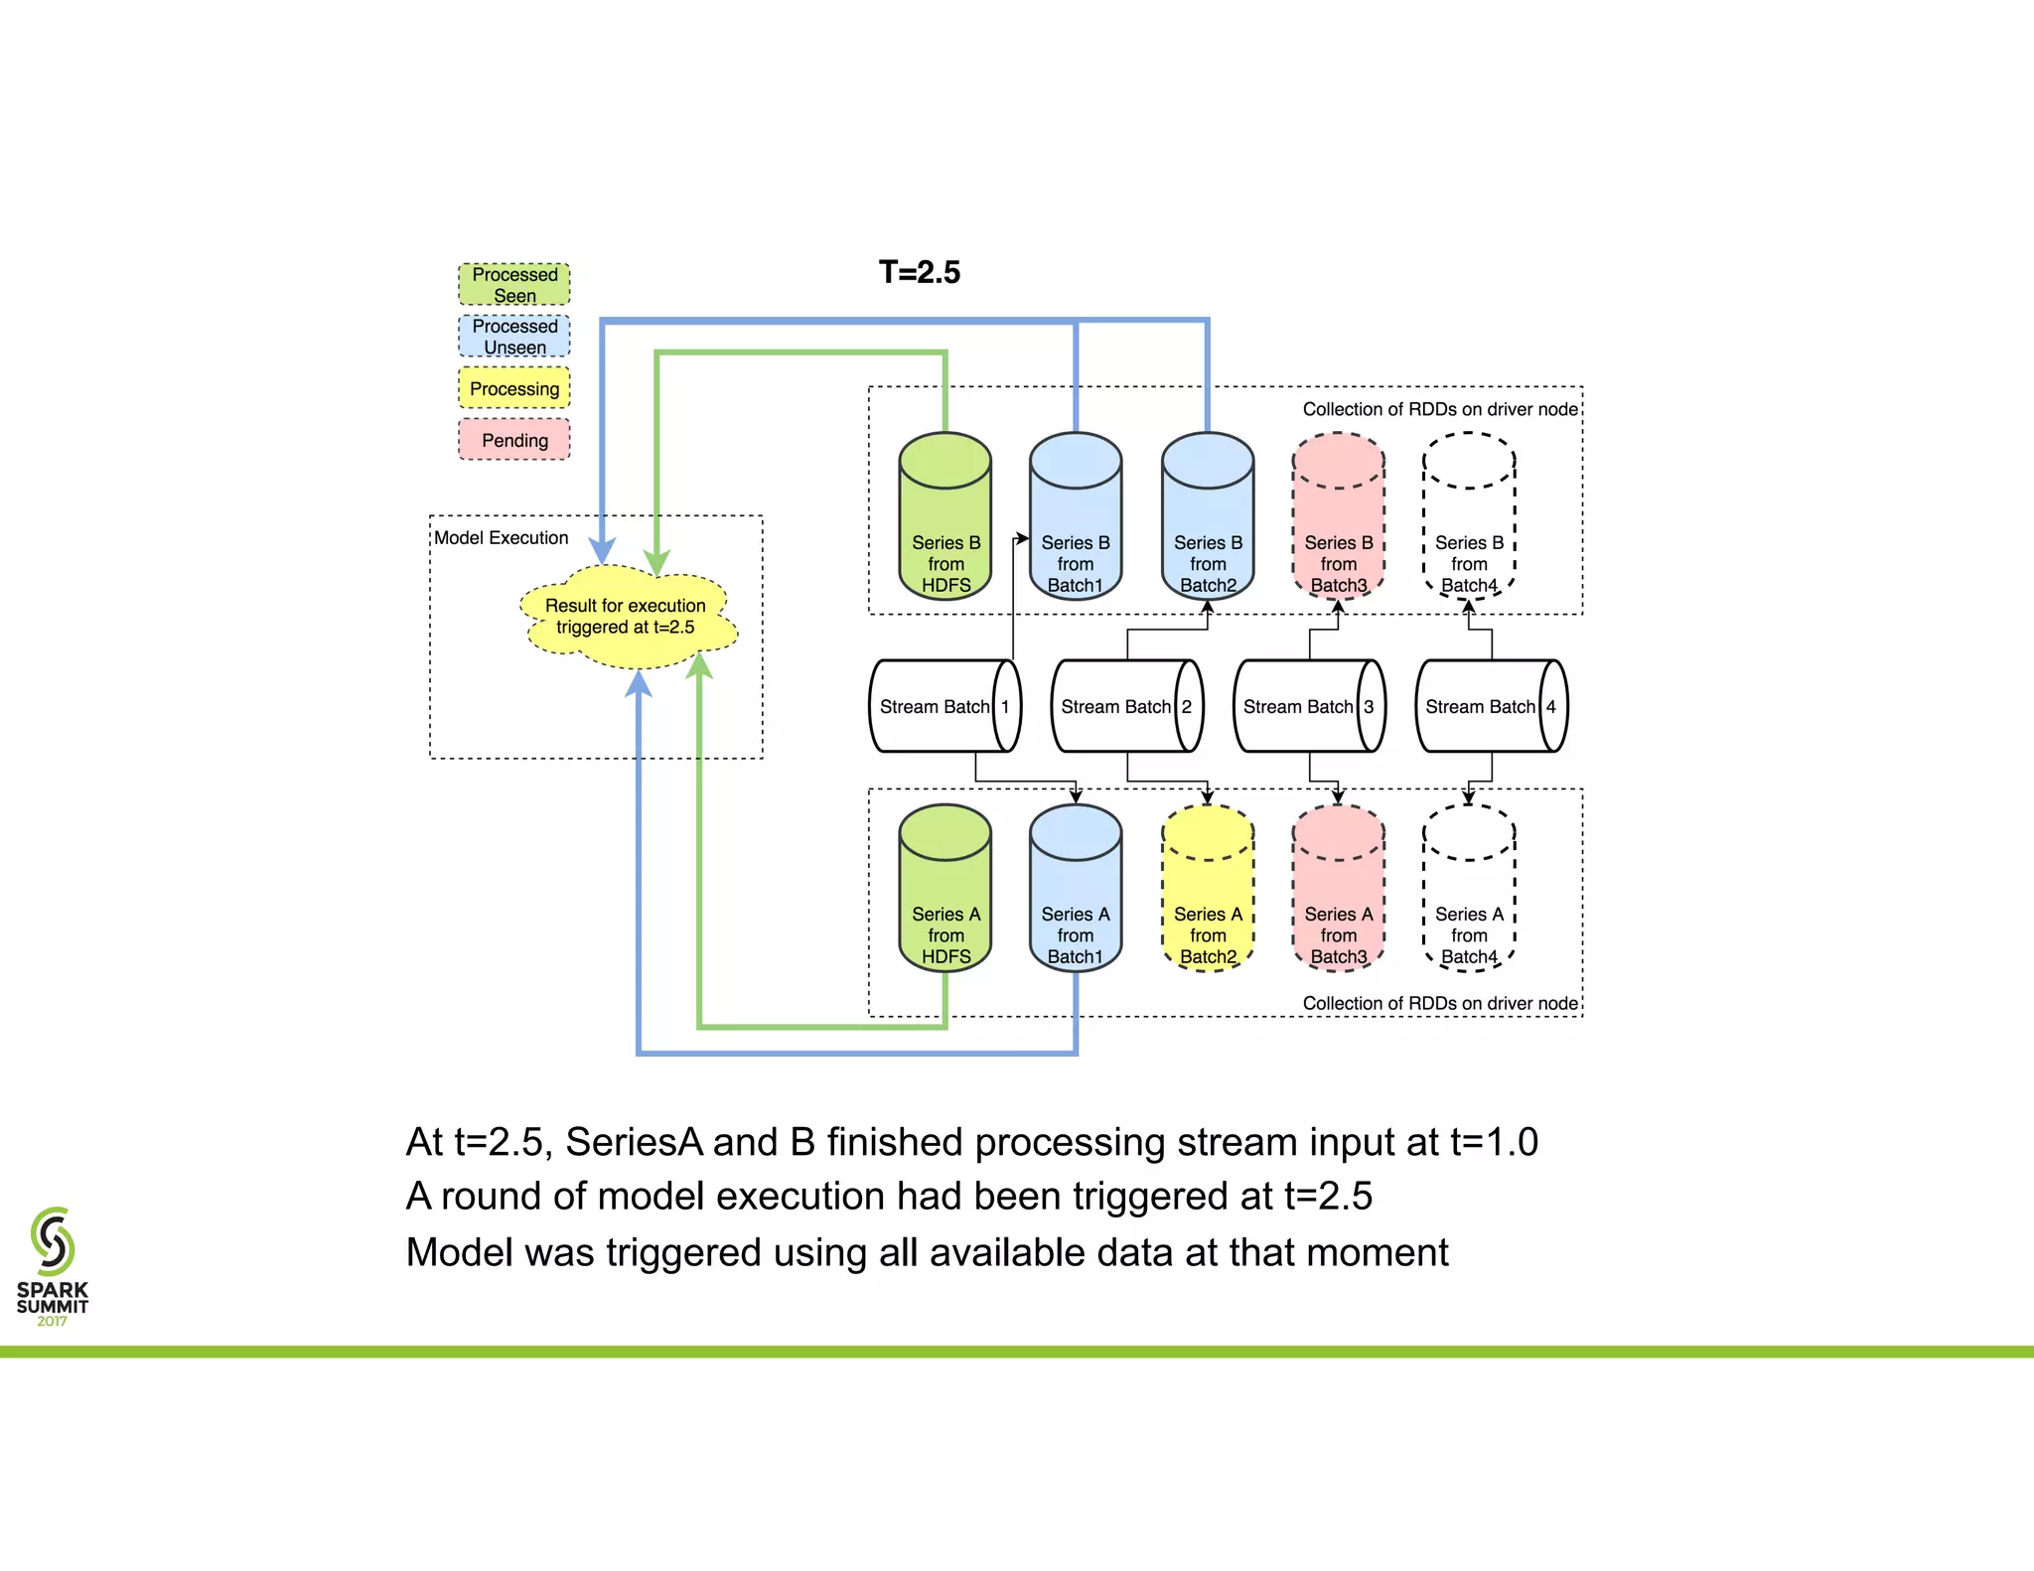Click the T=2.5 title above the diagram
click(919, 272)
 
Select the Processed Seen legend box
click(514, 285)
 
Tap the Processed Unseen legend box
click(514, 337)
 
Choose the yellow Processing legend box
click(514, 388)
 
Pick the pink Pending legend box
click(514, 440)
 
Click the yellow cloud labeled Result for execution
click(627, 617)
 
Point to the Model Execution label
click(502, 538)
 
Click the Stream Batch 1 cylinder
click(944, 706)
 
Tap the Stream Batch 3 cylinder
click(1308, 706)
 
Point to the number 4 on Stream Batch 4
click(1551, 706)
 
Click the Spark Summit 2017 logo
click(53, 1265)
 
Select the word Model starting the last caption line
click(459, 1253)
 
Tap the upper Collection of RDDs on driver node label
click(1439, 409)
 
